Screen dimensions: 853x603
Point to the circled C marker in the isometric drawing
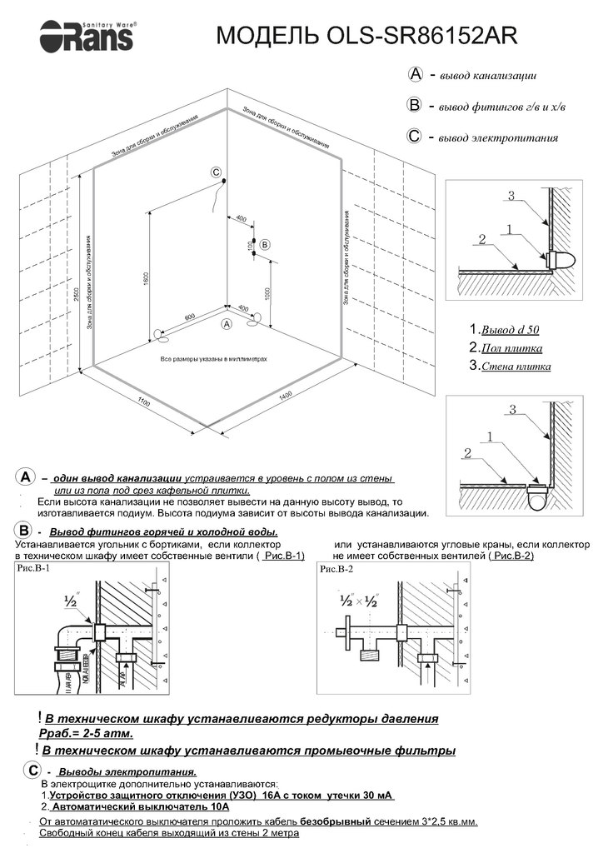216,173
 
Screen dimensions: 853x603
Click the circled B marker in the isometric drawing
264,244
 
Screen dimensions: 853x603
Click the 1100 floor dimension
142,403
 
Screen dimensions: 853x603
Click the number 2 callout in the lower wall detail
468,453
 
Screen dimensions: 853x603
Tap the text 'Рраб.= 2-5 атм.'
87,733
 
